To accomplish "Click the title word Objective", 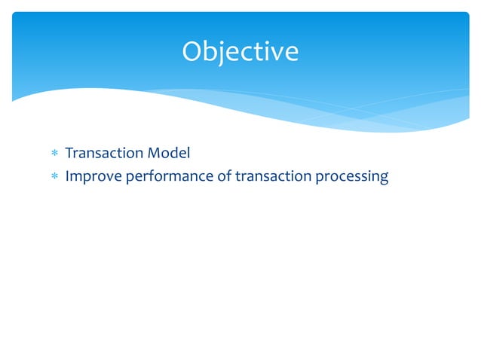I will click(240, 51).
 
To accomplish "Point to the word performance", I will click(158, 178).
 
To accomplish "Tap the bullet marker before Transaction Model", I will click(54, 154).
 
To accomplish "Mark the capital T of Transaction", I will click(69, 154).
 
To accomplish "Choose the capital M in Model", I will click(152, 154).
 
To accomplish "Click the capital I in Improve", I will click(67, 178).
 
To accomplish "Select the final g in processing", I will click(384, 179).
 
